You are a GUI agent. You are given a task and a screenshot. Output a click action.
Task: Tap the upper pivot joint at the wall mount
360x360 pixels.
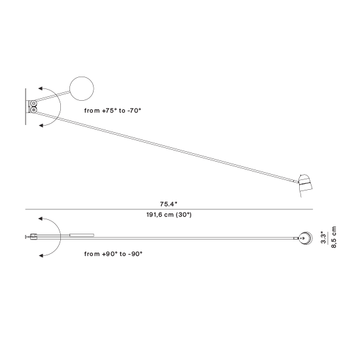pos(34,103)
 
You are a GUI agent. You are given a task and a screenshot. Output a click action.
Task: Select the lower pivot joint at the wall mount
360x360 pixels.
pos(34,110)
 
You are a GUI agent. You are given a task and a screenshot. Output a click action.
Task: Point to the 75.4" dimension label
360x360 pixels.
pos(169,204)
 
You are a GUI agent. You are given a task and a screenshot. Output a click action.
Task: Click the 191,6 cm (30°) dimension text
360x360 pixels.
pos(169,215)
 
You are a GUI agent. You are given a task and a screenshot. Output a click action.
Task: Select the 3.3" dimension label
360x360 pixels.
pos(323,238)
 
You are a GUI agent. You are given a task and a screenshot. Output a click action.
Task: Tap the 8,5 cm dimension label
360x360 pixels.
pos(334,237)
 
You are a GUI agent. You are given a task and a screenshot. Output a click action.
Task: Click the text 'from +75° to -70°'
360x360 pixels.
pos(113,111)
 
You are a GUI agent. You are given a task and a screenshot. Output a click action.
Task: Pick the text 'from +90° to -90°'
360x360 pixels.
pos(113,254)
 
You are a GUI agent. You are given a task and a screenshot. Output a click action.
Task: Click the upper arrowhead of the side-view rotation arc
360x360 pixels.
pos(41,88)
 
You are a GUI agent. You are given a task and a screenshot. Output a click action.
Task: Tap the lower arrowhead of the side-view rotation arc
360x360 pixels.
pos(41,126)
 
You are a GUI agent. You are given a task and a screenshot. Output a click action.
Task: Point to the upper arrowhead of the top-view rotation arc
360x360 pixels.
pos(41,219)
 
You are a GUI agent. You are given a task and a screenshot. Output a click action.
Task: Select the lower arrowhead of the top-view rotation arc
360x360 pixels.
pos(41,255)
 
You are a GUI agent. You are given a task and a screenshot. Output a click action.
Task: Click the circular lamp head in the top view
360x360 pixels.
pos(306,238)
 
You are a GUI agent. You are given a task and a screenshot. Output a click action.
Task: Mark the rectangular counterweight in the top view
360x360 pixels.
pos(82,235)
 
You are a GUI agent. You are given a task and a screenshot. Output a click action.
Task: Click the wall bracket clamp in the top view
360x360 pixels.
pos(33,236)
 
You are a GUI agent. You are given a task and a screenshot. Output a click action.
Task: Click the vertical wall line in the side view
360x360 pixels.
pos(26,107)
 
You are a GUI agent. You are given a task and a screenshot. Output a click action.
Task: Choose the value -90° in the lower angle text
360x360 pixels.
pos(135,254)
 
